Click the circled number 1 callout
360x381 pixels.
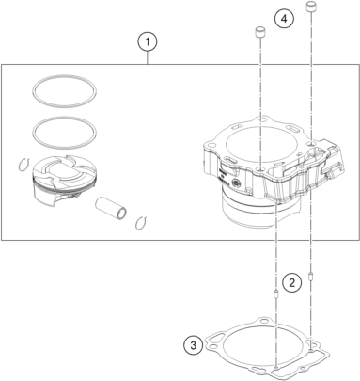(148, 41)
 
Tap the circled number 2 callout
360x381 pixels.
(291, 283)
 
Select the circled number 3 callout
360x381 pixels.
(194, 345)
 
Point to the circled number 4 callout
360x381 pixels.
(284, 19)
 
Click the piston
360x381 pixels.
(65, 181)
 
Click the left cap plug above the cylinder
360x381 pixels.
(260, 32)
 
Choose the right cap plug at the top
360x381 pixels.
(310, 7)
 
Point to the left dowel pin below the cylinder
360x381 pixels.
(276, 294)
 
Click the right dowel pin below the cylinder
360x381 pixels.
(311, 278)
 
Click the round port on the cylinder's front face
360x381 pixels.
(236, 183)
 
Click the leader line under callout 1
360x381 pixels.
(148, 58)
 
